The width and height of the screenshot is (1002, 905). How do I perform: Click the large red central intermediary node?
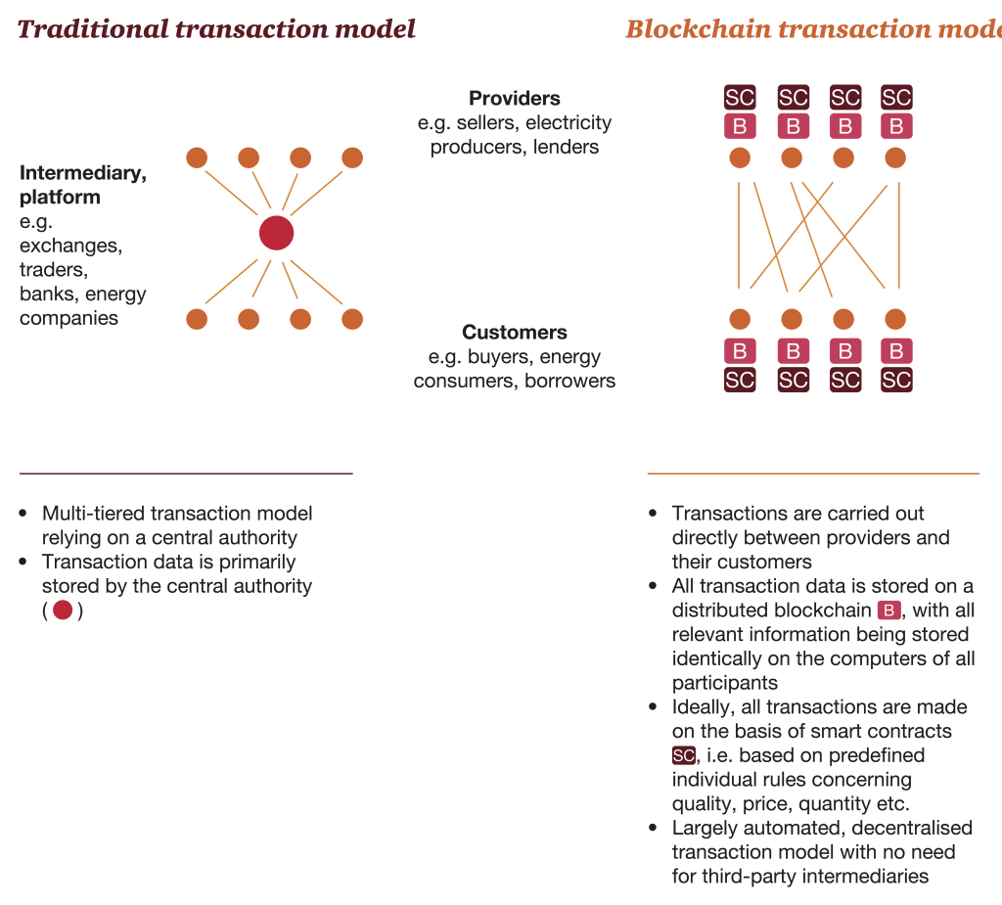pos(276,233)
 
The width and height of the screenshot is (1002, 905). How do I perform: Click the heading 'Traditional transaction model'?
pos(216,28)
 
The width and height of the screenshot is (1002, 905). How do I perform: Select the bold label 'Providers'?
pos(514,98)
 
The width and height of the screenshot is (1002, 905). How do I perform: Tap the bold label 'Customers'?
pos(514,332)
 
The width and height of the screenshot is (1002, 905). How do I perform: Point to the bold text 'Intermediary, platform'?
pos(83,185)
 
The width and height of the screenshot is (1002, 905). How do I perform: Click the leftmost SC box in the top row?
pos(740,97)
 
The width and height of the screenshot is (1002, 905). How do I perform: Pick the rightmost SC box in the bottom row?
pos(896,380)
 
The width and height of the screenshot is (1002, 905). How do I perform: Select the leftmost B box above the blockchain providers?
pos(740,126)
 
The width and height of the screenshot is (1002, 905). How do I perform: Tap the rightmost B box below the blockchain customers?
pos(896,350)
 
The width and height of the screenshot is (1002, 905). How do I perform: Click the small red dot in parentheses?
pos(63,611)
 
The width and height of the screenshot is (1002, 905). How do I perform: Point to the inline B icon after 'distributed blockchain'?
pos(888,611)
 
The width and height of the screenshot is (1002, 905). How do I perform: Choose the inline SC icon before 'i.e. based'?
pos(683,755)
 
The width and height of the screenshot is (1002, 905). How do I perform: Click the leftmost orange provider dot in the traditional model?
pos(197,158)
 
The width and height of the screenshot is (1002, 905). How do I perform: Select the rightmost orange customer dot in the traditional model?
pos(352,319)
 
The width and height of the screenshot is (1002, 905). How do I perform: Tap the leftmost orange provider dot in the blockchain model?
pos(740,158)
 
